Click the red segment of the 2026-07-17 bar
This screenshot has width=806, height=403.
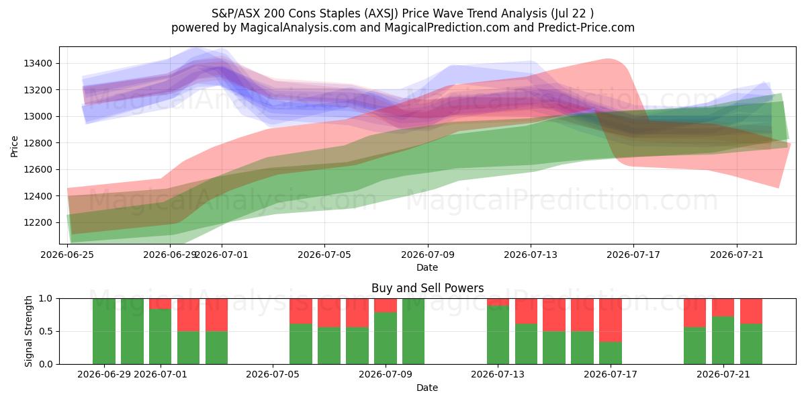tap(611, 320)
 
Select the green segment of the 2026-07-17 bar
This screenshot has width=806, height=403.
tap(611, 353)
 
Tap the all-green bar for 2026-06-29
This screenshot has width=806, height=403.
tap(104, 331)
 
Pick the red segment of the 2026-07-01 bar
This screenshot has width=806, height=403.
tap(160, 304)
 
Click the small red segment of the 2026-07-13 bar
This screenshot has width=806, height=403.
tap(498, 302)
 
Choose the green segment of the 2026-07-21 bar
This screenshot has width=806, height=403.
tap(723, 341)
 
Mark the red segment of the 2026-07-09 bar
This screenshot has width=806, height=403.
tap(386, 305)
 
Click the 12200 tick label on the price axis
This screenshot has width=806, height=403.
tap(38, 223)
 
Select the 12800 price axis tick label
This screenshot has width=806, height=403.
tap(38, 143)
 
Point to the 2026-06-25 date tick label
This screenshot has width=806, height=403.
tap(67, 255)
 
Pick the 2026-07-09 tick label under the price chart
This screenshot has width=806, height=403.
tap(428, 255)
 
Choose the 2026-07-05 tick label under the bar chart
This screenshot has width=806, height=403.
tap(273, 374)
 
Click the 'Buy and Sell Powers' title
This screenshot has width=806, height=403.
tap(427, 288)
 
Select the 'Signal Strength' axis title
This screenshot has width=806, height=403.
tap(29, 331)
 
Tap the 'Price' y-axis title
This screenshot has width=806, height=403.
tap(14, 146)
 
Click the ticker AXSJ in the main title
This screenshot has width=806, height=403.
tap(381, 13)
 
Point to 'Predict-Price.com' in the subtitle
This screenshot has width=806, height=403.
tap(586, 28)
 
